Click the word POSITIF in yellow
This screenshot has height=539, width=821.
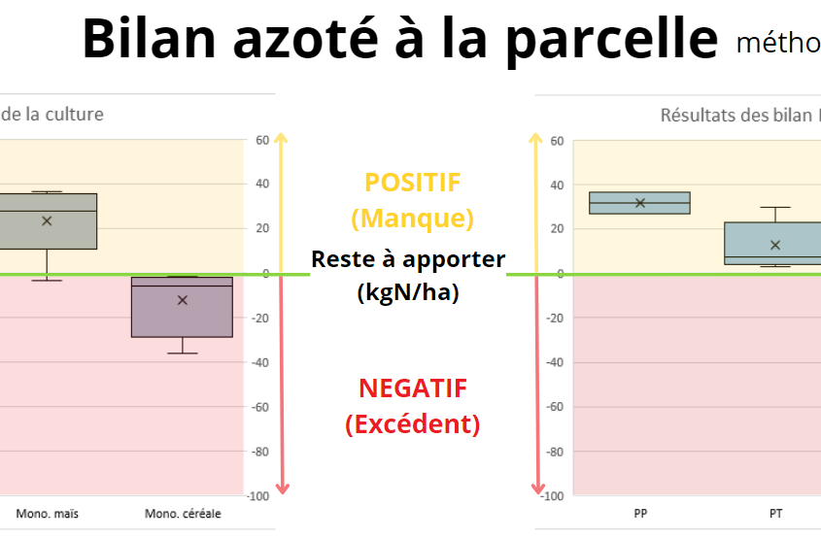click(x=412, y=183)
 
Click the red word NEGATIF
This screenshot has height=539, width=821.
click(x=413, y=388)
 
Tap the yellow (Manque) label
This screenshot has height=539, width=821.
click(x=412, y=219)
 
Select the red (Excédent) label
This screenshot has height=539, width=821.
click(x=412, y=423)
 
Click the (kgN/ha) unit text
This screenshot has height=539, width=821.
click(x=408, y=292)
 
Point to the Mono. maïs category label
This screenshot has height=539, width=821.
click(x=48, y=514)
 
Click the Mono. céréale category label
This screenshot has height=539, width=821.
click(x=183, y=514)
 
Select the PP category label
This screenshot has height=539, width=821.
click(x=640, y=514)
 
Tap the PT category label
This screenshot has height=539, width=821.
click(x=775, y=514)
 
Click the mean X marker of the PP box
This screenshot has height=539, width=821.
click(x=640, y=203)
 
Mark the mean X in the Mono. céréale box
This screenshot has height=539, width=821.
click(x=183, y=300)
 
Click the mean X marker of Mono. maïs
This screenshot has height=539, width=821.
click(x=47, y=221)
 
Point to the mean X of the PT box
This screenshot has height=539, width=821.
click(x=775, y=245)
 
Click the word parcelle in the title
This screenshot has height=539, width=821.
click(x=612, y=38)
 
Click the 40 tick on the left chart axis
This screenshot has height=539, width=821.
click(x=262, y=184)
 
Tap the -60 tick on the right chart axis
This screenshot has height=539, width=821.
click(x=555, y=407)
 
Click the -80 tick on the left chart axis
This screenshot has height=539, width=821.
click(x=260, y=452)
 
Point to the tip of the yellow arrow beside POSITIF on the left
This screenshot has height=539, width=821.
click(x=281, y=133)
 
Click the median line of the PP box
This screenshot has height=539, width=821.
click(x=640, y=203)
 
